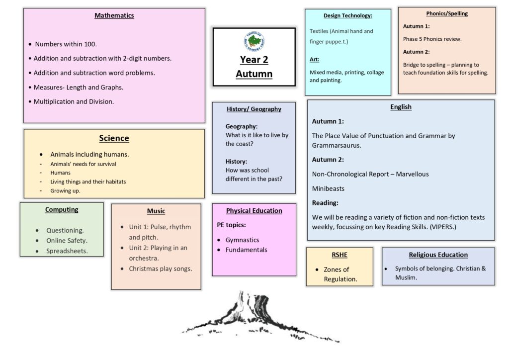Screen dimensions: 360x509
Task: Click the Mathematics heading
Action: (114, 15)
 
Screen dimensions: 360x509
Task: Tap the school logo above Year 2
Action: (254, 41)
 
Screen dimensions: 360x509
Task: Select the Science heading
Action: (114, 138)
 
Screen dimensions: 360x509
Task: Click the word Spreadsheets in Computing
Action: (67, 251)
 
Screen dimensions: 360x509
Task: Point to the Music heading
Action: (156, 211)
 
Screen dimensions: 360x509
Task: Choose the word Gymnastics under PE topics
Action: (242, 240)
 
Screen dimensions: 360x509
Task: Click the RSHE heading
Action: (339, 255)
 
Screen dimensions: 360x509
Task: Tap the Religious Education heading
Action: (438, 255)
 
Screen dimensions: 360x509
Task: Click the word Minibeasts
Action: (328, 188)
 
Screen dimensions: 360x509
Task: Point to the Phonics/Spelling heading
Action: (446, 13)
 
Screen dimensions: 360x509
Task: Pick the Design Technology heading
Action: (347, 15)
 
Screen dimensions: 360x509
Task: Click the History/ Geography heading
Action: (254, 109)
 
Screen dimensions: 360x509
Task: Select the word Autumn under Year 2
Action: (254, 74)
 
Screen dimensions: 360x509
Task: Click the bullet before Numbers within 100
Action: (30, 44)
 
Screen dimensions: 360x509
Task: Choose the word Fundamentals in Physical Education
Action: (246, 250)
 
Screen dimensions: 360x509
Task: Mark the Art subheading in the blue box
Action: (314, 60)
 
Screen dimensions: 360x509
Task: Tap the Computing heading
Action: (62, 209)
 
